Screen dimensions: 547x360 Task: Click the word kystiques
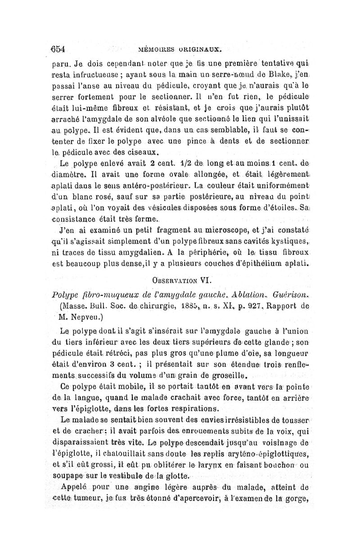point(288,244)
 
